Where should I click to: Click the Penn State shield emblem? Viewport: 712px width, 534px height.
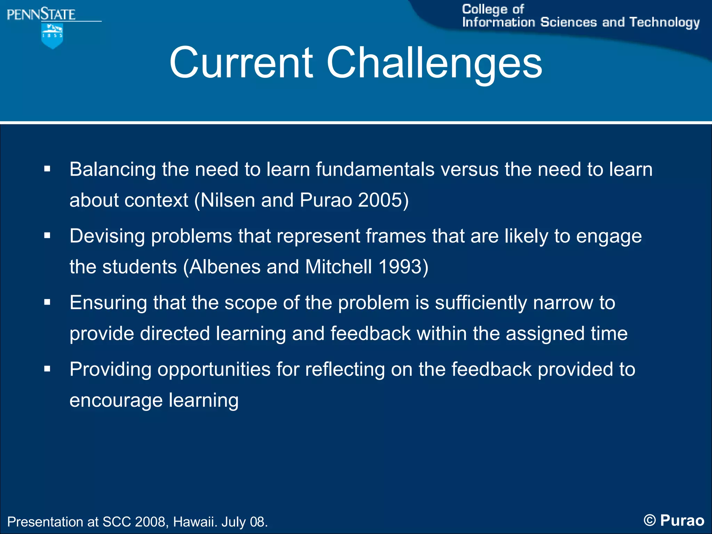[x=52, y=35]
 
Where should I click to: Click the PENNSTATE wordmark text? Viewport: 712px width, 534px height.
[x=41, y=15]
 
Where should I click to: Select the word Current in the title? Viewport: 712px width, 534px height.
[x=241, y=63]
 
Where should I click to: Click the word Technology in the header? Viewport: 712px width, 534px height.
[x=664, y=23]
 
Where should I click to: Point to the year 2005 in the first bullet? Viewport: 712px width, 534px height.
[x=380, y=200]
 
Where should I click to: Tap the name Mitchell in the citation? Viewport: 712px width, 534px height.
[x=339, y=267]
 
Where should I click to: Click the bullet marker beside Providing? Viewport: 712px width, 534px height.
[x=47, y=369]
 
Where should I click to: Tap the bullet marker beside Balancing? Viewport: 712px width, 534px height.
[x=47, y=169]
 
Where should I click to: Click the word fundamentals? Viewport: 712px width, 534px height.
[x=375, y=170]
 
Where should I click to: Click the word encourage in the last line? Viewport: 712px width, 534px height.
[x=116, y=400]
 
